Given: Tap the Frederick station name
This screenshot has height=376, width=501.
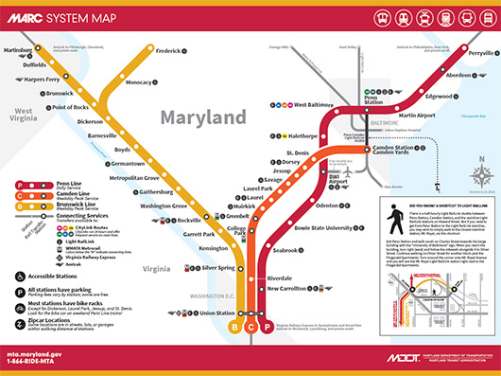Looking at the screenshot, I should pyautogui.click(x=168, y=50).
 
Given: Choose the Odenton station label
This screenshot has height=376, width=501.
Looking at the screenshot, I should pyautogui.click(x=327, y=206).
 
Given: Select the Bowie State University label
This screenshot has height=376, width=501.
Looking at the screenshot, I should pyautogui.click(x=322, y=228).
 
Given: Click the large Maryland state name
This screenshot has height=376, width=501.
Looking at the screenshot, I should pyautogui.click(x=203, y=118).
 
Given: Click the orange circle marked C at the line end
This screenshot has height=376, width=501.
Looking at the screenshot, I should pyautogui.click(x=250, y=327).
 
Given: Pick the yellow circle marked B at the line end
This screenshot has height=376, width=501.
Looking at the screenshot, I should pyautogui.click(x=234, y=327).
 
